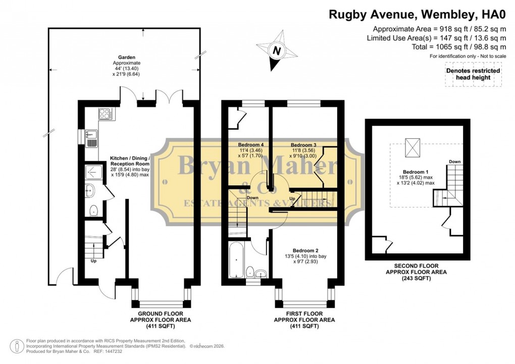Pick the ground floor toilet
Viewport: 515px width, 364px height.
pyautogui.click(x=93, y=211)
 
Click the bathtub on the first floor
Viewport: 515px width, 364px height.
pyautogui.click(x=236, y=260)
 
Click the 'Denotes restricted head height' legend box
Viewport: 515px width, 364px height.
pyautogui.click(x=473, y=74)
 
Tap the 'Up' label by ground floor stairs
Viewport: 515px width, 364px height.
pyautogui.click(x=93, y=261)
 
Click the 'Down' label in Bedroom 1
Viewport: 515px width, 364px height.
pyautogui.click(x=454, y=162)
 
